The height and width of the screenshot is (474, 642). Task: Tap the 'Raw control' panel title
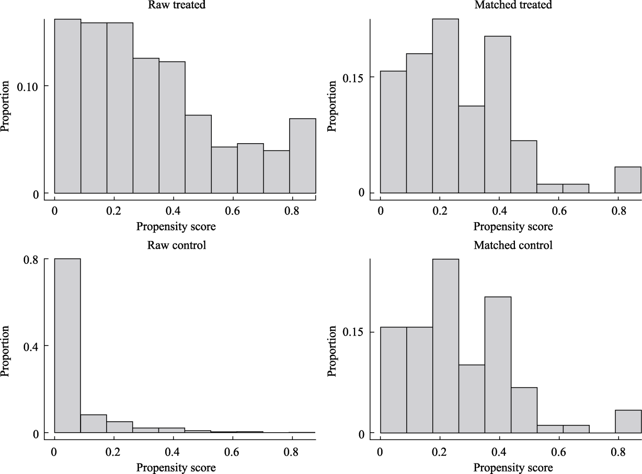[176, 245]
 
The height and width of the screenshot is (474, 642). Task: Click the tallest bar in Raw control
[67, 345]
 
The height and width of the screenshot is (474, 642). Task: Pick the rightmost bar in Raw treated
[303, 156]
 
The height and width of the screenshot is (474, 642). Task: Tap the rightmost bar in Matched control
[628, 421]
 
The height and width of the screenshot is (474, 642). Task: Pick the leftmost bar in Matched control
[393, 380]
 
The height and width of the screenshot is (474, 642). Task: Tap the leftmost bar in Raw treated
[67, 106]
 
